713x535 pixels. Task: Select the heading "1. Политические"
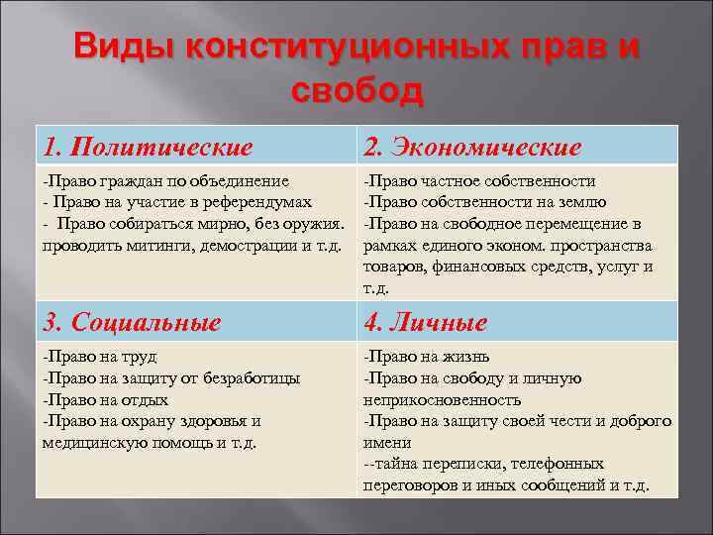pos(148,148)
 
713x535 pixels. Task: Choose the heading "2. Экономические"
pos(471,148)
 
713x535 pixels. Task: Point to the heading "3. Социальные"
pos(132,322)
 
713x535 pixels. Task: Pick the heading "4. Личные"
pos(425,322)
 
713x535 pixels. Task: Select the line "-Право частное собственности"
pos(479,181)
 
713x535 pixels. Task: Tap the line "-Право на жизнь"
pos(426,357)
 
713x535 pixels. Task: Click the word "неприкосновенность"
pos(443,399)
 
